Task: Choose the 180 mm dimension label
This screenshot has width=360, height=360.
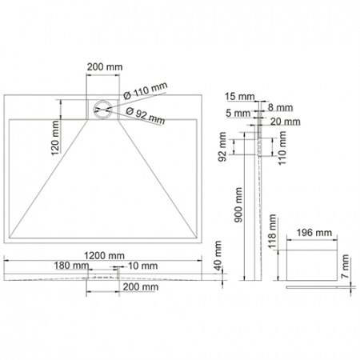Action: (73, 265)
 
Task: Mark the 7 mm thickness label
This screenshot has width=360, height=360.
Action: (345, 266)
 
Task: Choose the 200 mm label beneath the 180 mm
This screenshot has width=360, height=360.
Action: (142, 286)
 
